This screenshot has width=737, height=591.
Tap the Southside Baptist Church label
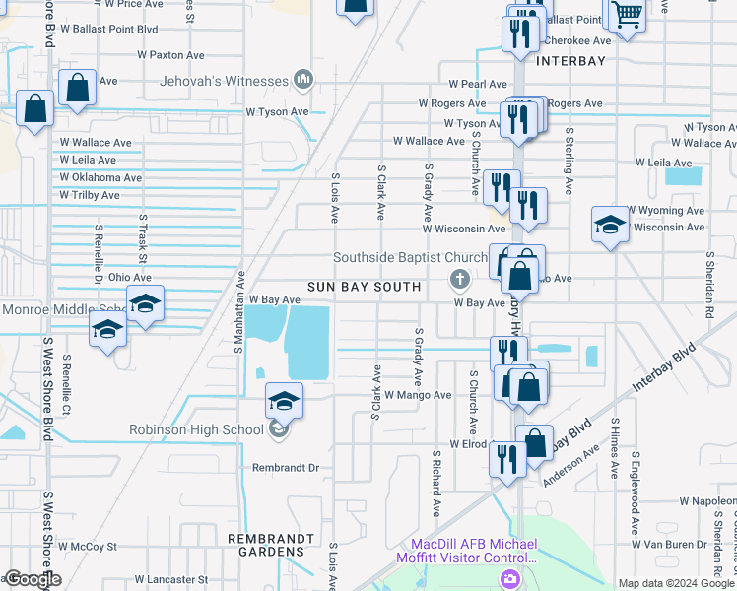pos(410,258)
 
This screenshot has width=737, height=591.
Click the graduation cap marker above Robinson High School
pos(284,400)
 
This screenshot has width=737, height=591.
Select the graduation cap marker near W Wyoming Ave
pos(610,225)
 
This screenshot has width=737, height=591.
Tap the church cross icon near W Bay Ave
pos(459,281)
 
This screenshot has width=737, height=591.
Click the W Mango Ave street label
pos(418,395)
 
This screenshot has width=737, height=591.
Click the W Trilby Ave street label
pos(90,195)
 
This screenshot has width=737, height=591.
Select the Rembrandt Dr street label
pos(287,468)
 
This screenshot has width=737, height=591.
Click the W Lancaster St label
pos(171,580)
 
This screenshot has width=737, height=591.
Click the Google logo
pos(32,579)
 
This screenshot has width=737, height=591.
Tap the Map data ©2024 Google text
pos(676,583)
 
